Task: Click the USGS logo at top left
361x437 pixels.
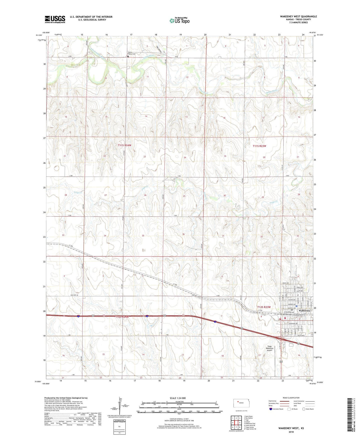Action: coord(55,19)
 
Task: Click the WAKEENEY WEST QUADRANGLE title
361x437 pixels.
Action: coord(298,17)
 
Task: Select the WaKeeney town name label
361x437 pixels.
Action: coord(304,311)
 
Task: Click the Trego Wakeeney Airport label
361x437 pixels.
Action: coord(270,348)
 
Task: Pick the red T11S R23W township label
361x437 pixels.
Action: coord(259,146)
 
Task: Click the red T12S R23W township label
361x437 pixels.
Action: coord(264,307)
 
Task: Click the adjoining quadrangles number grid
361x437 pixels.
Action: coord(236,423)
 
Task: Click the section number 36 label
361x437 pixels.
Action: coord(184,234)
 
